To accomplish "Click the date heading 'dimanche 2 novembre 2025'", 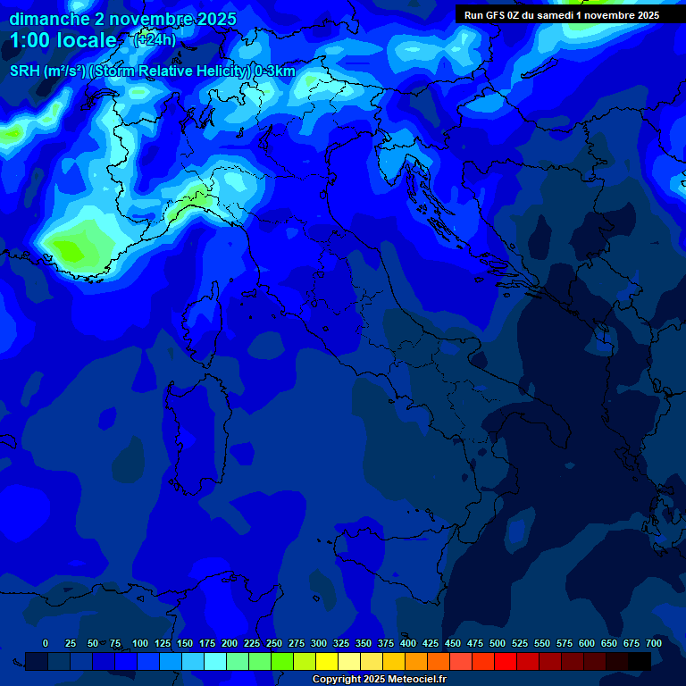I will click(x=122, y=19).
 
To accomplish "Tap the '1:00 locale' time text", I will click(x=63, y=40).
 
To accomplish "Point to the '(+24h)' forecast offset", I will click(x=155, y=39).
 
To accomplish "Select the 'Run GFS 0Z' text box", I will click(x=562, y=15).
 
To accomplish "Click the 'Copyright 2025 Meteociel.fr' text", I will click(x=379, y=680).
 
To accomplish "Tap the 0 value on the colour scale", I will click(x=46, y=643).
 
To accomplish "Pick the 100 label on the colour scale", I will click(x=140, y=643).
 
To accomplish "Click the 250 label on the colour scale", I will click(x=274, y=643).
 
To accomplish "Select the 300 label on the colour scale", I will click(x=319, y=643).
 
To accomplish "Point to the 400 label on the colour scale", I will click(x=408, y=643).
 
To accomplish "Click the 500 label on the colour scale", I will click(x=498, y=643).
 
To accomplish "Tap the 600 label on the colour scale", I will click(x=587, y=643).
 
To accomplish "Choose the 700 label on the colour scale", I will click(x=654, y=643).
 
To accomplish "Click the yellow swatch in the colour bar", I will click(x=327, y=661).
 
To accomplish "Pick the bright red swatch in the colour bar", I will click(x=506, y=661).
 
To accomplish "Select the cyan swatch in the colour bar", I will click(x=215, y=661).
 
